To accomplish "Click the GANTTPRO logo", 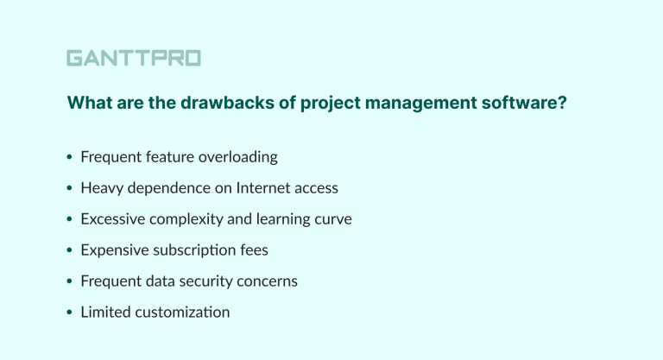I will point(134,58).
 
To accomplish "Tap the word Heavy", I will point(100,188).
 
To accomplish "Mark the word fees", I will point(253,250).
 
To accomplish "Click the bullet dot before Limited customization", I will point(69,313).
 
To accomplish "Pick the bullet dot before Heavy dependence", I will point(69,189).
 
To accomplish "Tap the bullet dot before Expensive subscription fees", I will point(69,251).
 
